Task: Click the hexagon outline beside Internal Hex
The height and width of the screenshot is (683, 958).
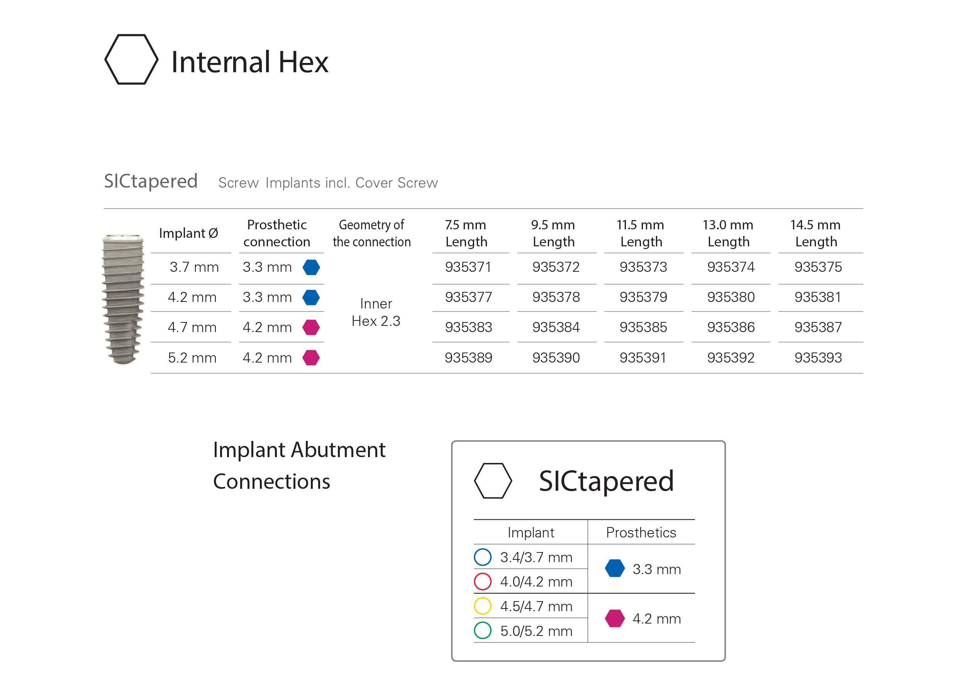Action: coord(106,59)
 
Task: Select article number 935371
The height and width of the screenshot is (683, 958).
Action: coord(468,267)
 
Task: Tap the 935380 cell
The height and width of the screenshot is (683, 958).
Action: coord(731,297)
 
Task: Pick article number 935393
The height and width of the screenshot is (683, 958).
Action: coord(818,358)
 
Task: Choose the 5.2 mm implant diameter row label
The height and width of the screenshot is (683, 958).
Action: coord(192,358)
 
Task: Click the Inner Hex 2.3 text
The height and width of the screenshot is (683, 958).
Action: coord(376,312)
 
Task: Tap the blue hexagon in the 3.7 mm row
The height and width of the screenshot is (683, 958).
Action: coord(311,267)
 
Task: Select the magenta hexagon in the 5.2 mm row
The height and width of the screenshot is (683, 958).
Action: coord(311,358)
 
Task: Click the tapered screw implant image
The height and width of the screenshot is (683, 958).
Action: coord(123,299)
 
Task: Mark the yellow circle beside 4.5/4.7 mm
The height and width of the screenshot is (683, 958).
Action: coord(475,606)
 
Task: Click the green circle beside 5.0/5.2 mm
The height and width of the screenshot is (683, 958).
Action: coord(475,630)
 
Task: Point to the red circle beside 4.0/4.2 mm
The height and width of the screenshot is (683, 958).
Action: coord(475,581)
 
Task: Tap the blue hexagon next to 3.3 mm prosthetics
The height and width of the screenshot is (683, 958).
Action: coord(615,568)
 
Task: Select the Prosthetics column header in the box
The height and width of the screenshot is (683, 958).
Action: coord(641,532)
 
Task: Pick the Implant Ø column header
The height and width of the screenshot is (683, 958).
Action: coord(188,233)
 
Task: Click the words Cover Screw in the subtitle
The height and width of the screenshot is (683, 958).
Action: coord(397,183)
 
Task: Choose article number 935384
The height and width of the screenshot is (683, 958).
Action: coord(556,327)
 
